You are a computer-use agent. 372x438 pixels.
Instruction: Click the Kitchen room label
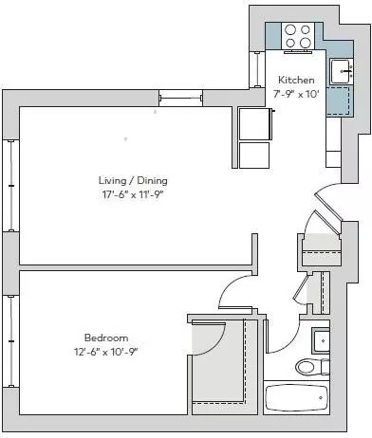[296, 80]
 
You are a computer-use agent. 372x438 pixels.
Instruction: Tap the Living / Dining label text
[133, 181]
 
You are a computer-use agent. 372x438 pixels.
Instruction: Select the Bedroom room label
[106, 338]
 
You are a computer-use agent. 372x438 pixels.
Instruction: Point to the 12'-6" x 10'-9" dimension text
[106, 352]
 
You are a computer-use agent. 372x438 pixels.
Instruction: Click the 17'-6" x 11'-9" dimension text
[133, 194]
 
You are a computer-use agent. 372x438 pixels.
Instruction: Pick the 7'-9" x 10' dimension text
[296, 94]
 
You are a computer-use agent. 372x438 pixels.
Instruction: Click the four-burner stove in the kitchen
[298, 36]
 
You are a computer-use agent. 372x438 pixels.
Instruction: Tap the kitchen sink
[342, 71]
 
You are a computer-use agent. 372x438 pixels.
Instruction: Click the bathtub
[296, 397]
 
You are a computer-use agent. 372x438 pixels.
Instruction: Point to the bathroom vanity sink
[321, 341]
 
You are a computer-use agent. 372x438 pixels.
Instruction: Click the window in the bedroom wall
[11, 341]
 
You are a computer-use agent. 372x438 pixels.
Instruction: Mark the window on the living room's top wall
[180, 98]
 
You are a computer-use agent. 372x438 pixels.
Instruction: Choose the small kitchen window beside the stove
[258, 69]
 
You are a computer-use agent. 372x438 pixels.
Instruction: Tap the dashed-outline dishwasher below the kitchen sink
[340, 101]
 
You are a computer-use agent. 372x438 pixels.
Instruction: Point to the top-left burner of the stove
[290, 30]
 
